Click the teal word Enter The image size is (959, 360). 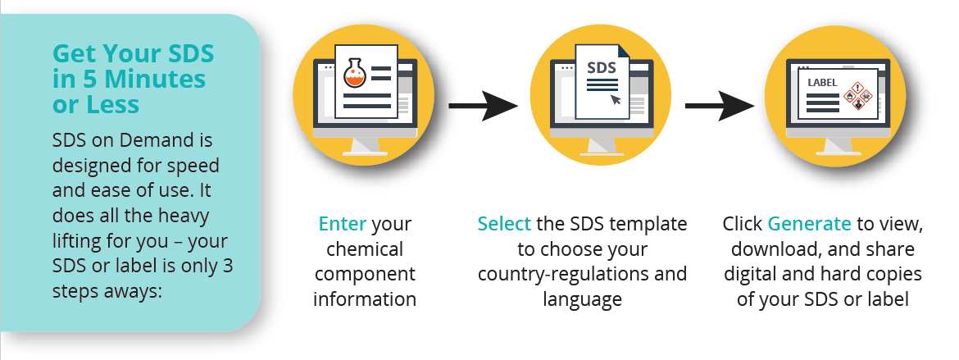(x=343, y=224)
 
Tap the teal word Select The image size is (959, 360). (x=504, y=224)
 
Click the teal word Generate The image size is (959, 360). (x=809, y=224)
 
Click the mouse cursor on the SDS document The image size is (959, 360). (x=616, y=98)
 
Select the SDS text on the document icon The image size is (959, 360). (x=601, y=67)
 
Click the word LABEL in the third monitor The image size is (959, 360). (x=822, y=83)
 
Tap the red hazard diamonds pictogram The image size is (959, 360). (x=857, y=96)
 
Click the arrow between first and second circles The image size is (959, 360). (x=483, y=106)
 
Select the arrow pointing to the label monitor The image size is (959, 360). (x=720, y=106)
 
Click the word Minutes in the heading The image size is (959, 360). (x=155, y=80)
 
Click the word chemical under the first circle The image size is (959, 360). (x=365, y=249)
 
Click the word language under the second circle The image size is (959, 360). (x=582, y=299)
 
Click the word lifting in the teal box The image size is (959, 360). (x=79, y=241)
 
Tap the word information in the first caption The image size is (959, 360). (x=365, y=299)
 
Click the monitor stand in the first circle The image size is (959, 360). (x=365, y=146)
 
